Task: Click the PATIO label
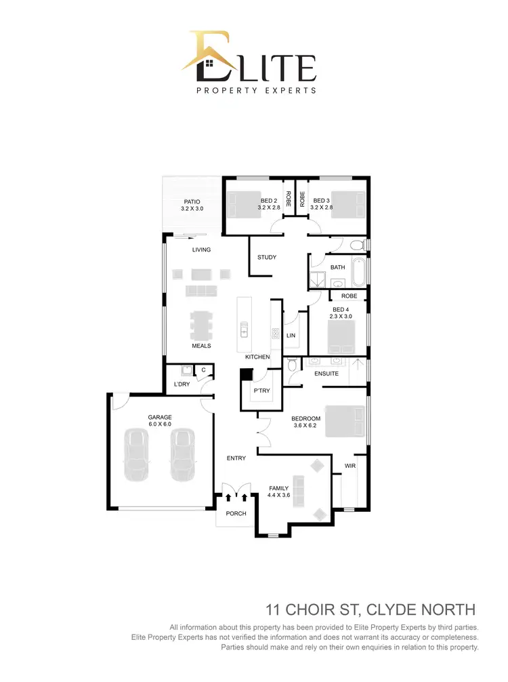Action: [x=192, y=201]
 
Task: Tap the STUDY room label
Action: [x=266, y=258]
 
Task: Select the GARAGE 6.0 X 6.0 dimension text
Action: [x=161, y=424]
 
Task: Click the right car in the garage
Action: [x=182, y=454]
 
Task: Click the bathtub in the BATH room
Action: [x=358, y=271]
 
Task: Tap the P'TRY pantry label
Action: [x=261, y=392]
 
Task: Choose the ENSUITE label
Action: [x=326, y=374]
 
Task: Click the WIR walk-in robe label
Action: [x=350, y=466]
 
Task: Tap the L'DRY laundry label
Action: [x=182, y=384]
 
